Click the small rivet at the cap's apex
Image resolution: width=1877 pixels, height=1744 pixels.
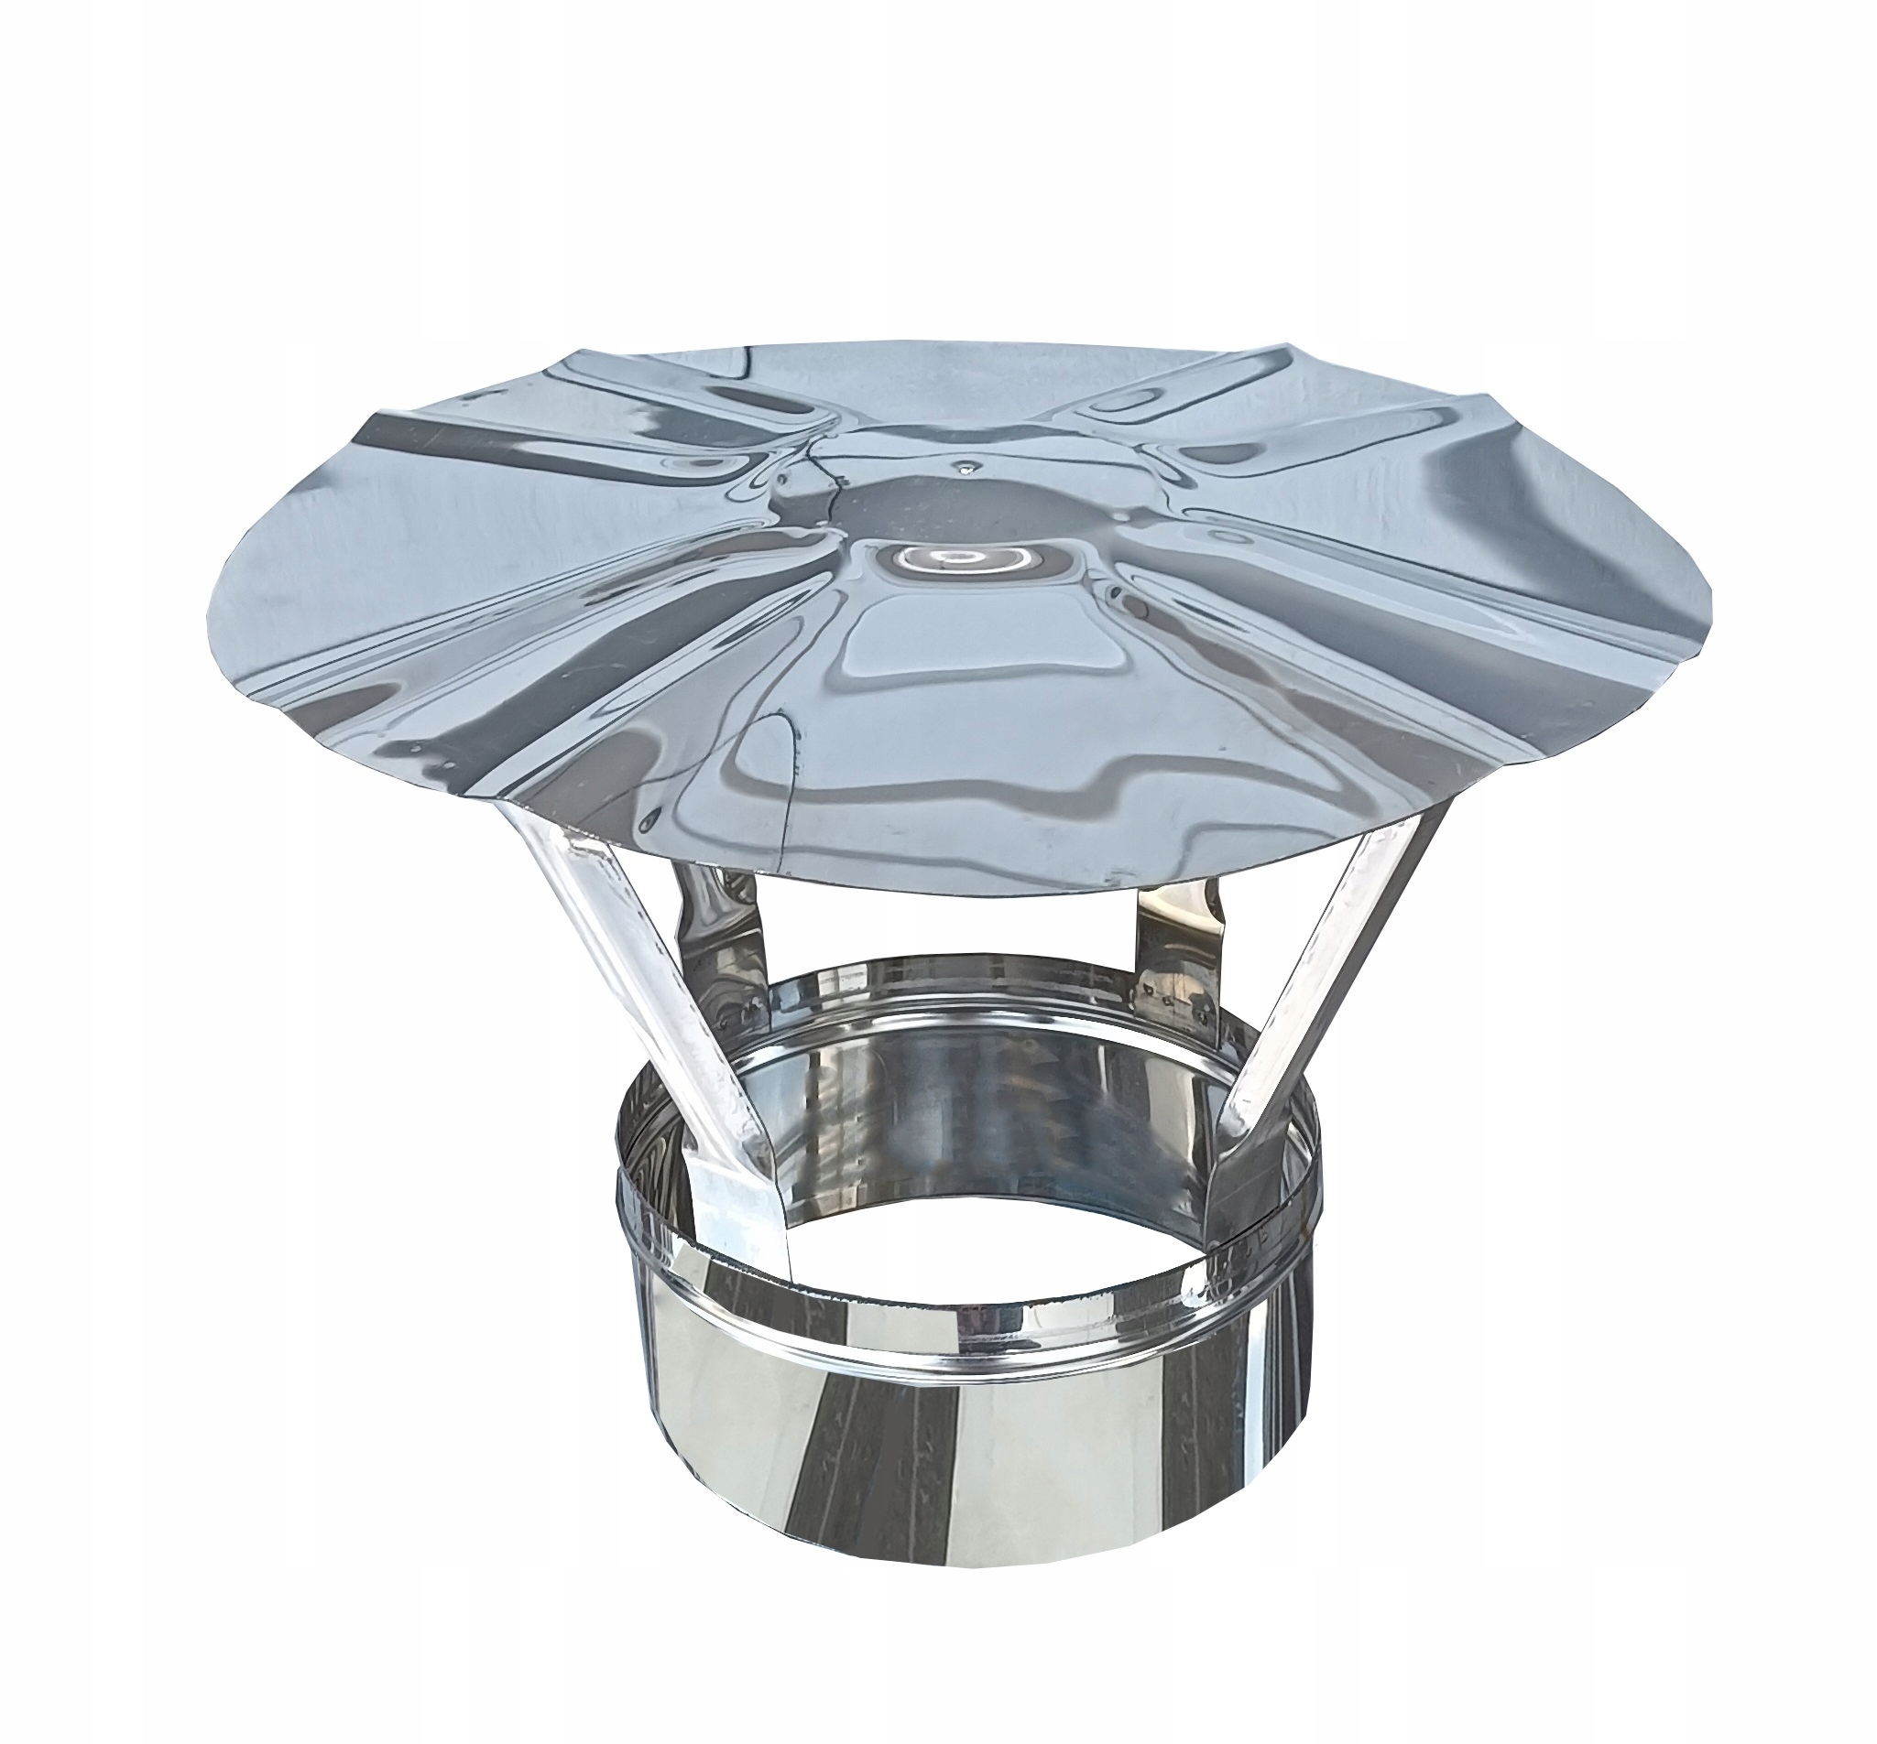(964, 465)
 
